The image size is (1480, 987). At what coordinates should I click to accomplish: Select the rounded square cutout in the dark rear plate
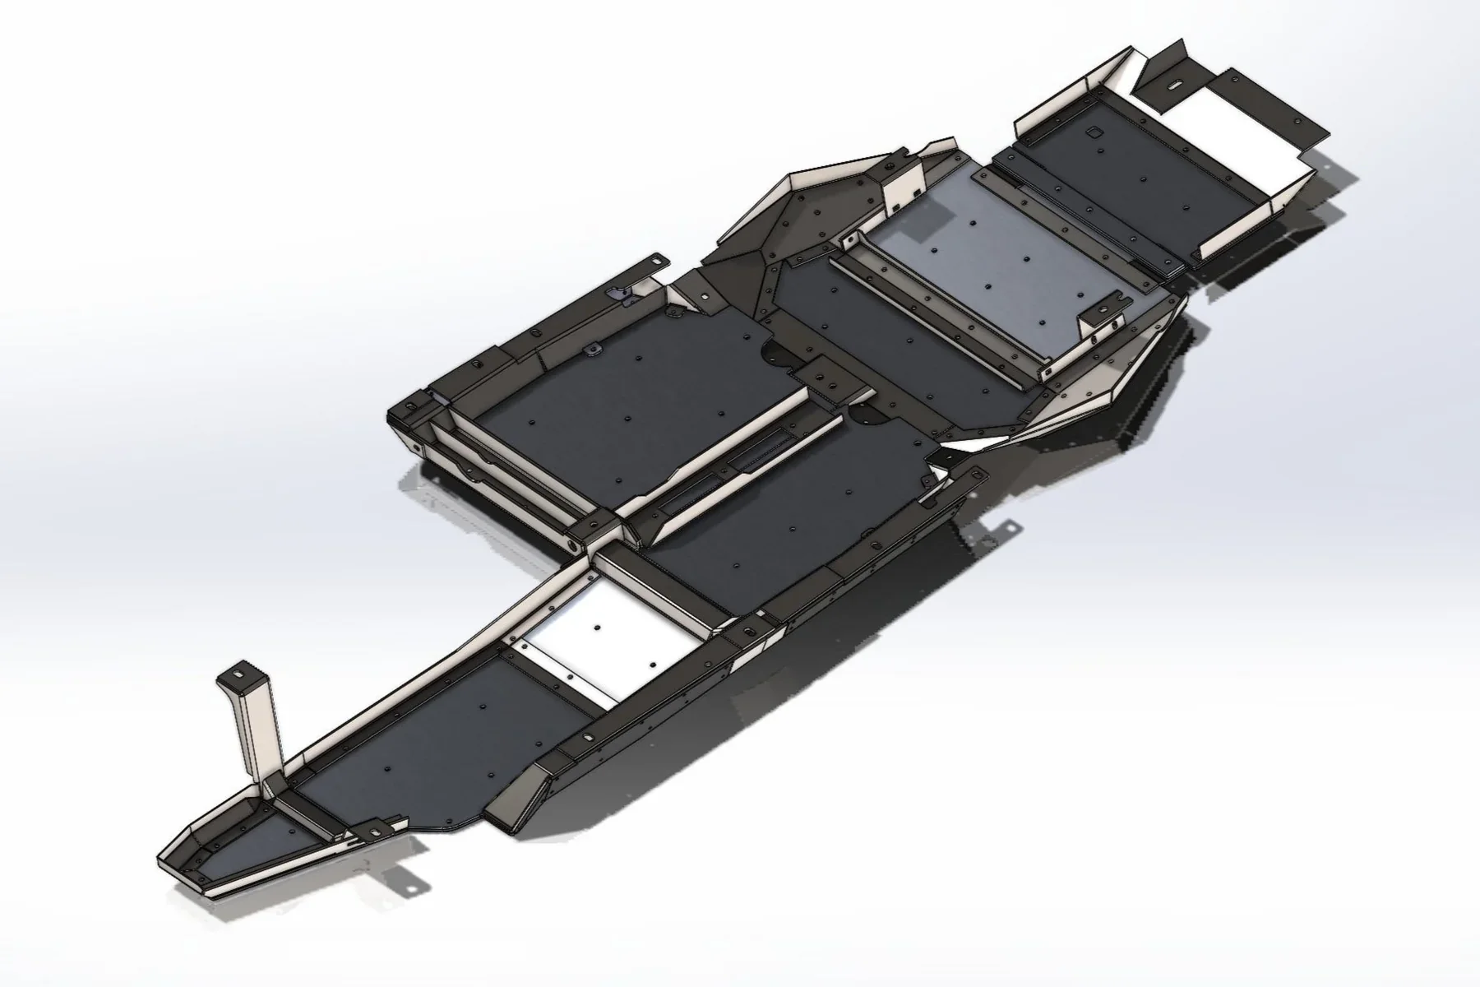pos(1095,131)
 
